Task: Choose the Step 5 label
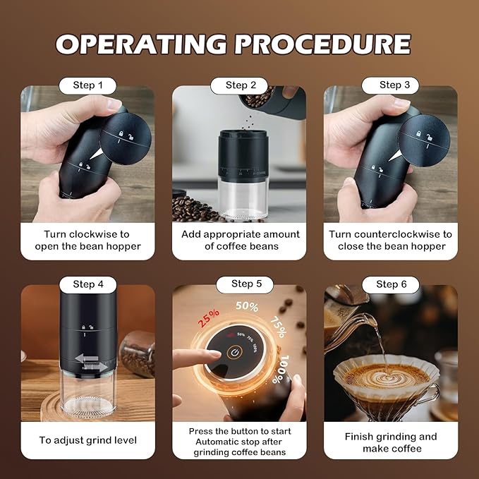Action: click(x=246, y=284)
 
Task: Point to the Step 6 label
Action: click(x=391, y=284)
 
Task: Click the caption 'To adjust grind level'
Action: click(x=87, y=440)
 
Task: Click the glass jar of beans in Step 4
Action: click(x=138, y=353)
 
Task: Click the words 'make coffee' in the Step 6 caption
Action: click(x=390, y=449)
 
